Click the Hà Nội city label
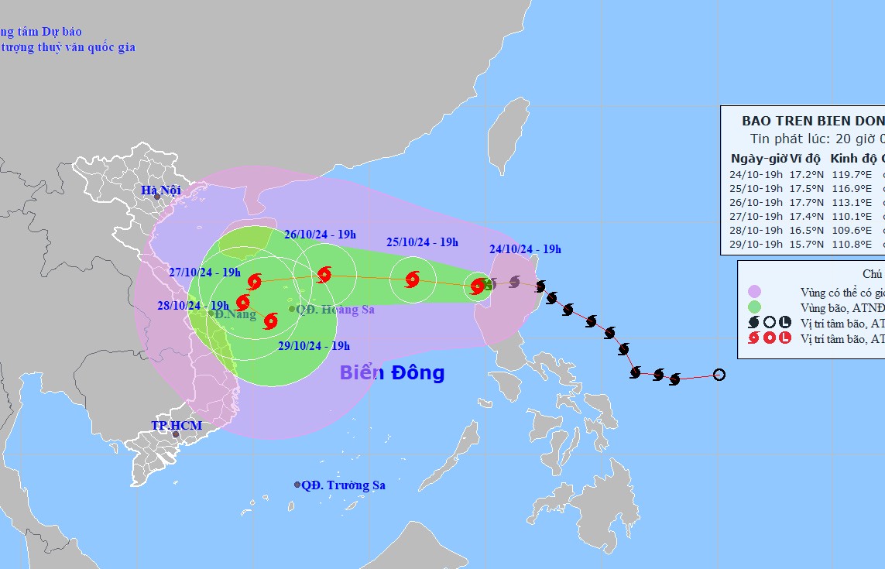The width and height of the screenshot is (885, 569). click(160, 190)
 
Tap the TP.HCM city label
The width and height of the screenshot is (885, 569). click(177, 425)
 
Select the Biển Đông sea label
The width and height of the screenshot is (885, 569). click(392, 373)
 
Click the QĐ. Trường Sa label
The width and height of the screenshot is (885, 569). click(343, 485)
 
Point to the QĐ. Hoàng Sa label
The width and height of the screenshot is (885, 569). click(335, 310)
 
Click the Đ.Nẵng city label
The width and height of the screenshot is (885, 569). click(235, 314)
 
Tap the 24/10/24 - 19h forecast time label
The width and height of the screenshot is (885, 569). click(525, 249)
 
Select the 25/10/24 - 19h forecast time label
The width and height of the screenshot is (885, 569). click(422, 242)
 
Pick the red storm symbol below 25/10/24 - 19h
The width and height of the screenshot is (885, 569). click(412, 279)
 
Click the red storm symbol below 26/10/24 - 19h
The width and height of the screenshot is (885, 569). click(324, 274)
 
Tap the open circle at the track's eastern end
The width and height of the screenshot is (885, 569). click(719, 375)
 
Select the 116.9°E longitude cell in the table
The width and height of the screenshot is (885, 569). click(851, 188)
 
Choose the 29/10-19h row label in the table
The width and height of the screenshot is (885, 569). click(756, 244)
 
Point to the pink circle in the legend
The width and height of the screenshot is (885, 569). click(754, 292)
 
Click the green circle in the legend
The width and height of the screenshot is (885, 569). click(754, 307)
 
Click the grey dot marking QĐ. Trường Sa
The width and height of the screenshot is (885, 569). click(297, 485)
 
